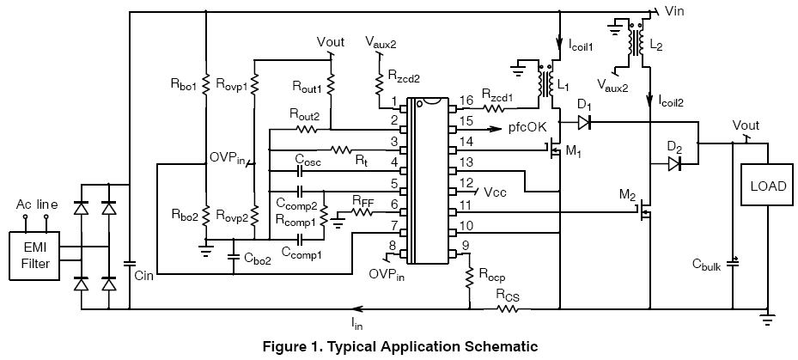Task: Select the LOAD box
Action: coord(767,186)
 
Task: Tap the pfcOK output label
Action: coord(527,128)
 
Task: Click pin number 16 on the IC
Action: coord(466,102)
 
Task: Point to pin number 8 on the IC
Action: coord(393,247)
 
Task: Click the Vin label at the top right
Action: coord(674,10)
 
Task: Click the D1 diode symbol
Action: coord(584,122)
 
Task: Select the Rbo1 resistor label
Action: coord(184,86)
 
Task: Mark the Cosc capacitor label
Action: coord(308,159)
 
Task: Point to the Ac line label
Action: coord(37,204)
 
